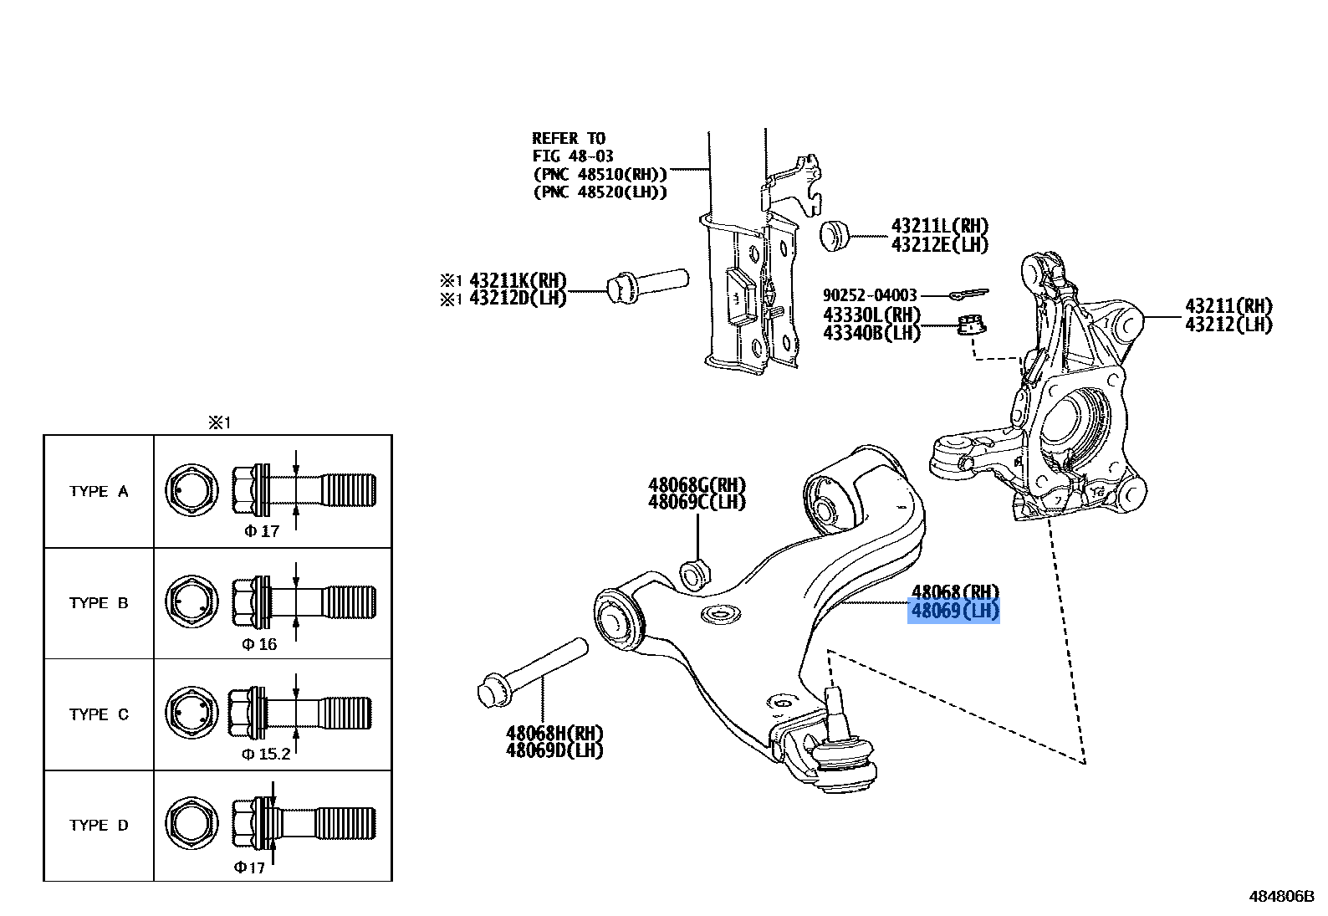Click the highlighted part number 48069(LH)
click(954, 612)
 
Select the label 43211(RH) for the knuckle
click(1228, 306)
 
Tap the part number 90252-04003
click(870, 295)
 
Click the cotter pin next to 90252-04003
click(969, 294)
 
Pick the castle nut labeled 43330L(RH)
click(971, 323)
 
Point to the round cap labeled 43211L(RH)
click(834, 234)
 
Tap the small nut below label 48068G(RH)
click(696, 575)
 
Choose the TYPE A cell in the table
click(99, 492)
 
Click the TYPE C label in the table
click(99, 714)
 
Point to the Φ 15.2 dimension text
click(266, 754)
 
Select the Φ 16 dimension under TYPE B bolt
click(259, 644)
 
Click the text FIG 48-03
click(573, 156)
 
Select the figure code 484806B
click(1282, 896)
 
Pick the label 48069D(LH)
click(554, 750)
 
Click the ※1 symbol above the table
click(218, 423)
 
